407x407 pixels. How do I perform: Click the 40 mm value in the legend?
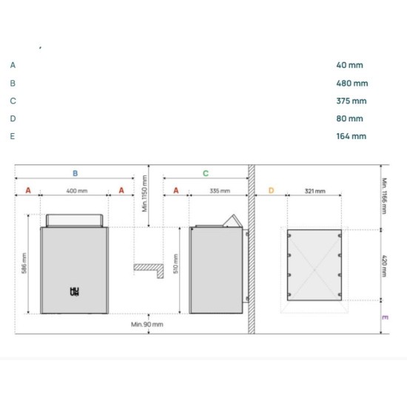(x=349, y=65)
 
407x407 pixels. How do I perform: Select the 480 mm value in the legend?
(x=351, y=84)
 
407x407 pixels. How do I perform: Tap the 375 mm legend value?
(x=351, y=101)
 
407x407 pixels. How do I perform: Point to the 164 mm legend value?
(x=351, y=136)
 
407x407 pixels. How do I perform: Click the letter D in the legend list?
(x=13, y=118)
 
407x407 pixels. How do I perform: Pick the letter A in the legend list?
(x=13, y=65)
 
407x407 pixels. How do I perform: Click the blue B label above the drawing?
(x=75, y=173)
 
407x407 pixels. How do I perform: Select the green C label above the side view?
(x=206, y=173)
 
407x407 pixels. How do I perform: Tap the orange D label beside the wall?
(x=271, y=191)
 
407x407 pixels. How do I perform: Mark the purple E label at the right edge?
(x=384, y=317)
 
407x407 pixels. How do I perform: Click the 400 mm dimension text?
(x=77, y=191)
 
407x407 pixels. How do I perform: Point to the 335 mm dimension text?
(x=220, y=191)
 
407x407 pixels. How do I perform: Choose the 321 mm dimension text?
(x=314, y=191)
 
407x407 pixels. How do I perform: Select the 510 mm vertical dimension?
(x=175, y=265)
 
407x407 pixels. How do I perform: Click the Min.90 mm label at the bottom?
(x=147, y=324)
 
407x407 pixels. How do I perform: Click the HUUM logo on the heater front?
(x=73, y=292)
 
